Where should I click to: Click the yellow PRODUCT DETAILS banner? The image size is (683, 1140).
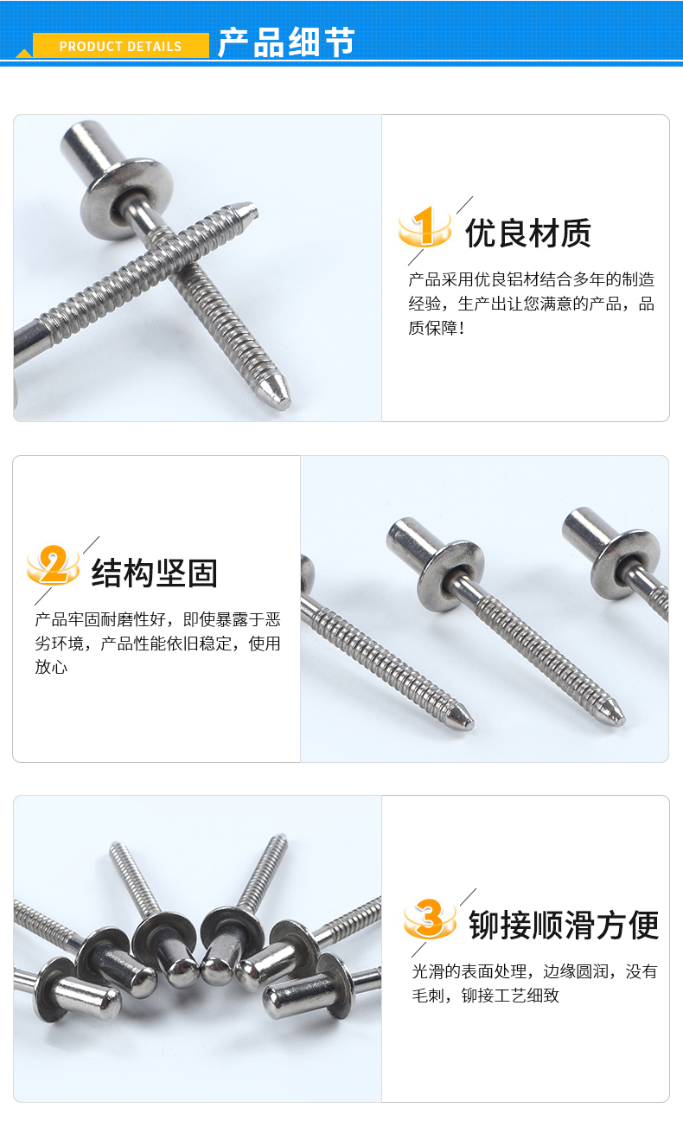pyautogui.click(x=120, y=45)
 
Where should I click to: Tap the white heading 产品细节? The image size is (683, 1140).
pyautogui.click(x=286, y=42)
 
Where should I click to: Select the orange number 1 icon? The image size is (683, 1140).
pyautogui.click(x=425, y=227)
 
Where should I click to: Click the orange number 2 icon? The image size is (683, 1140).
pyautogui.click(x=53, y=565)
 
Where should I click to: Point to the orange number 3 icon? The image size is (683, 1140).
pyautogui.click(x=430, y=919)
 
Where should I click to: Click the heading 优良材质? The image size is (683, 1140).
pyautogui.click(x=528, y=233)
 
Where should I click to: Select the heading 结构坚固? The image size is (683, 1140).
pyautogui.click(x=155, y=573)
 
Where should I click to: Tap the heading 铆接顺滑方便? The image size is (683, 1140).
pyautogui.click(x=564, y=925)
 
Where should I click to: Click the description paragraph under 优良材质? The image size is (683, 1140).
pyautogui.click(x=531, y=304)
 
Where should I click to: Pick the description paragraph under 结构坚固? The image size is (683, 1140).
pyautogui.click(x=157, y=644)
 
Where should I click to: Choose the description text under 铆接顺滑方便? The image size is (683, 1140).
pyautogui.click(x=534, y=983)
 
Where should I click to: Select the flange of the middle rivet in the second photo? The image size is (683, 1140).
pyautogui.click(x=450, y=575)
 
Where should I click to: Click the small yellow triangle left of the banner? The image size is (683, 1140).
pyautogui.click(x=23, y=54)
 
